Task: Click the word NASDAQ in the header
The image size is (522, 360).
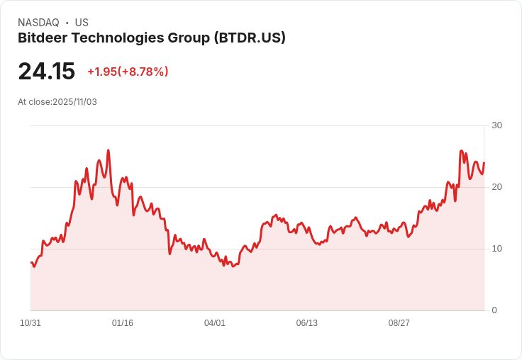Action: [38, 23]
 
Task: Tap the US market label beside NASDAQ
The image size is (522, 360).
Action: [82, 23]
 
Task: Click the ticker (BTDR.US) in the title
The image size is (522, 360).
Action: [250, 38]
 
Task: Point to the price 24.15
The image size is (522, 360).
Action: [46, 72]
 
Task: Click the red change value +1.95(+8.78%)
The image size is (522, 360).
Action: [128, 72]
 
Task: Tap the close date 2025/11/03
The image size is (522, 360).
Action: [74, 102]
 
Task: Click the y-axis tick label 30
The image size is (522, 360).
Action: [496, 125]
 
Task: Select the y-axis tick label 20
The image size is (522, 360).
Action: [496, 187]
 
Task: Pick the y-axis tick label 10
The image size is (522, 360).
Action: [496, 249]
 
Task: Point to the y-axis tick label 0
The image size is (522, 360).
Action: [494, 310]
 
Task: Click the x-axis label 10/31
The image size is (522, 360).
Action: [30, 323]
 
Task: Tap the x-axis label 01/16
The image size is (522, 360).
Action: [123, 323]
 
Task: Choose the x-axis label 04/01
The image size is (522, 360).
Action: [215, 323]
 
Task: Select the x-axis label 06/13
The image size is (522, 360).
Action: [307, 323]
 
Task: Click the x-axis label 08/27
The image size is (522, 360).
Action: [399, 323]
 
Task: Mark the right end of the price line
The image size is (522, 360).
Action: [484, 163]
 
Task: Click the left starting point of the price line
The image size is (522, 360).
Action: [31, 263]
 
